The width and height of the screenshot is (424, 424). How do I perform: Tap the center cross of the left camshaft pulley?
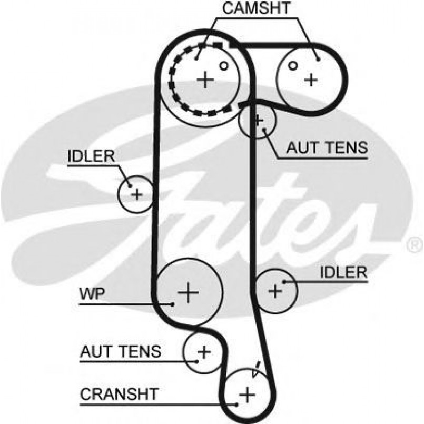point(206,80)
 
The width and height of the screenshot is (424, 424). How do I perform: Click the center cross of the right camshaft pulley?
point(311,79)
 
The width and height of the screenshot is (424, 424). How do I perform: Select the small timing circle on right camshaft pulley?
point(293,65)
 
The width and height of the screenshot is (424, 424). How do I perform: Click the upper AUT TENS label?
point(327,148)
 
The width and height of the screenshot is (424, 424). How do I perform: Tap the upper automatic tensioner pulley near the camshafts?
point(258,120)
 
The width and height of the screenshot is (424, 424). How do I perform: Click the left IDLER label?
point(91,156)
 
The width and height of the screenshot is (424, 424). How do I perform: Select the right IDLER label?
point(343,272)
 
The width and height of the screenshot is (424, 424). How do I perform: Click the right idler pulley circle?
point(275,290)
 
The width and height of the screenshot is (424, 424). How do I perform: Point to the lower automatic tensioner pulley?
point(203,350)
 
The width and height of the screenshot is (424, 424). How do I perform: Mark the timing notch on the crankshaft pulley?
point(257,369)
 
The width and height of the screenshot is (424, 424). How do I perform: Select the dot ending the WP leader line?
point(172,304)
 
